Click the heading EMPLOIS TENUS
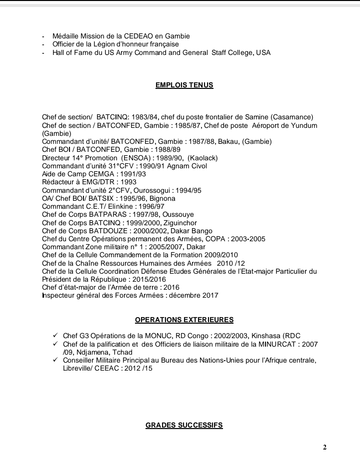(x=184, y=85)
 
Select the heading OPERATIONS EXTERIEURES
(x=184, y=320)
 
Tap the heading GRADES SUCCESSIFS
(x=184, y=425)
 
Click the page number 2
(x=324, y=447)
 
